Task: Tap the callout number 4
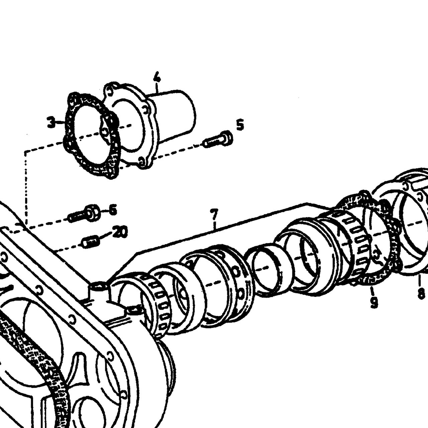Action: coord(157,77)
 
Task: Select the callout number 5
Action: coord(240,125)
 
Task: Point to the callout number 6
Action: coord(113,210)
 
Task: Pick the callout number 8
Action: coord(421,294)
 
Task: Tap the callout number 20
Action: coord(120,232)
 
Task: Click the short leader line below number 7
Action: coord(215,225)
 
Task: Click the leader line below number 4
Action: coord(157,88)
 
